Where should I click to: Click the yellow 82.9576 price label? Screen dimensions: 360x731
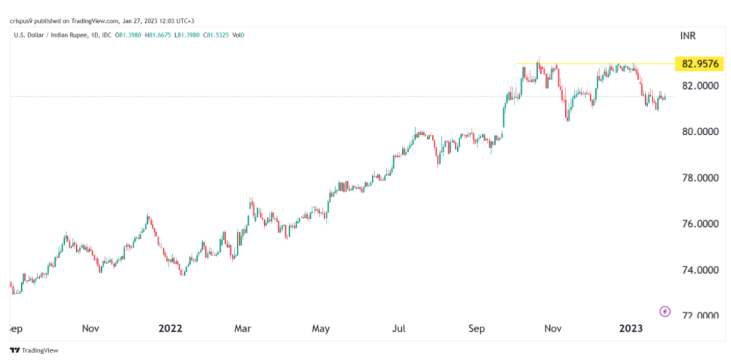click(x=698, y=63)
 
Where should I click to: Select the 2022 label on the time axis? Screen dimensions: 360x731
click(x=170, y=328)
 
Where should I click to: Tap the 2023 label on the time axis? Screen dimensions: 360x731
click(x=631, y=328)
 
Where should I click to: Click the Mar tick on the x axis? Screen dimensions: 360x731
click(x=242, y=328)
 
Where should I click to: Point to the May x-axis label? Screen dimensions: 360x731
click(x=321, y=328)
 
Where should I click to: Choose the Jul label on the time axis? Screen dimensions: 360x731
click(x=399, y=328)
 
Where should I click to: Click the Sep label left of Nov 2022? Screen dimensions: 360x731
click(x=477, y=328)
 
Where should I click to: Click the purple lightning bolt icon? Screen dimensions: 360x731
click(x=665, y=311)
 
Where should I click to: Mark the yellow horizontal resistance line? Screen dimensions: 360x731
click(x=588, y=63)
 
